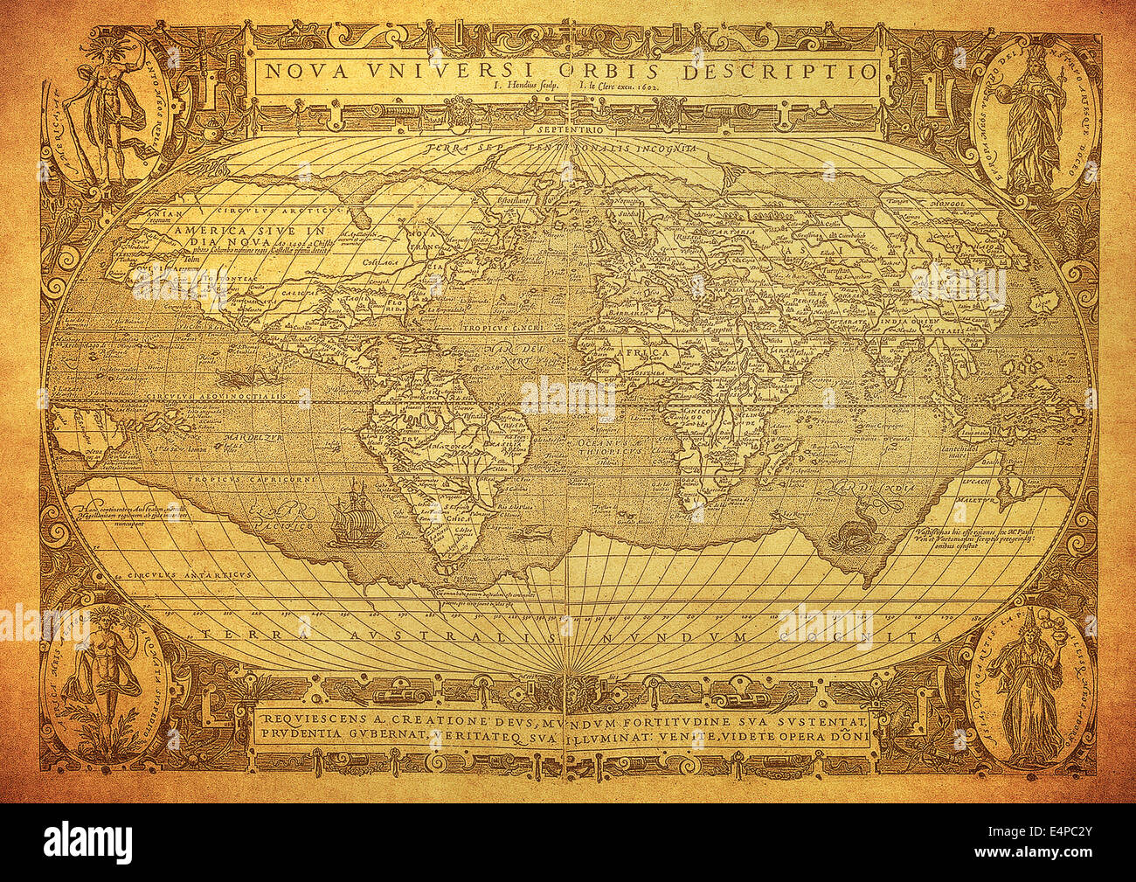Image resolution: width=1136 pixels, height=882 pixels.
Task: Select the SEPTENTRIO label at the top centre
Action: coord(568,129)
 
